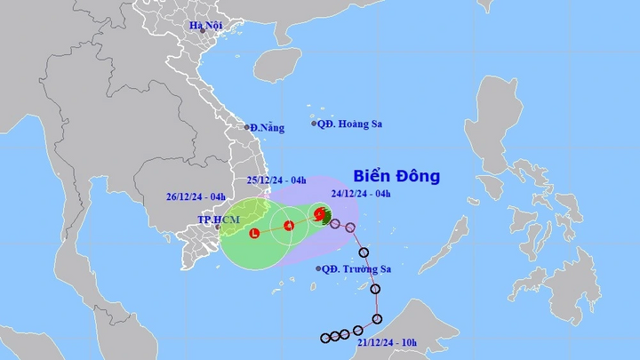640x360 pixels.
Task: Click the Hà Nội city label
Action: pos(204,25)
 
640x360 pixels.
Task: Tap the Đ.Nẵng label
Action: pos(268,128)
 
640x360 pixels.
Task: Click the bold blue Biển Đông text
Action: pos(396,176)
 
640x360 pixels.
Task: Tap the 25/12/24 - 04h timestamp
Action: pos(276,181)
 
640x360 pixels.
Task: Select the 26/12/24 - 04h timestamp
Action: pos(196,197)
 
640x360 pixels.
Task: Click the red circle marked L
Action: pos(255,234)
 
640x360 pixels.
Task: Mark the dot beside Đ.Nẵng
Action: pos(247,127)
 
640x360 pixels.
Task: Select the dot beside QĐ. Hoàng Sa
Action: pos(315,124)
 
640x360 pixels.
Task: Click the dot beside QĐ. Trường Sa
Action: pos(318,268)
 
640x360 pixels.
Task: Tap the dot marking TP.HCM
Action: pos(217,227)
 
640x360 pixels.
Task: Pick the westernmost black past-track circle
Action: pos(326,338)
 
